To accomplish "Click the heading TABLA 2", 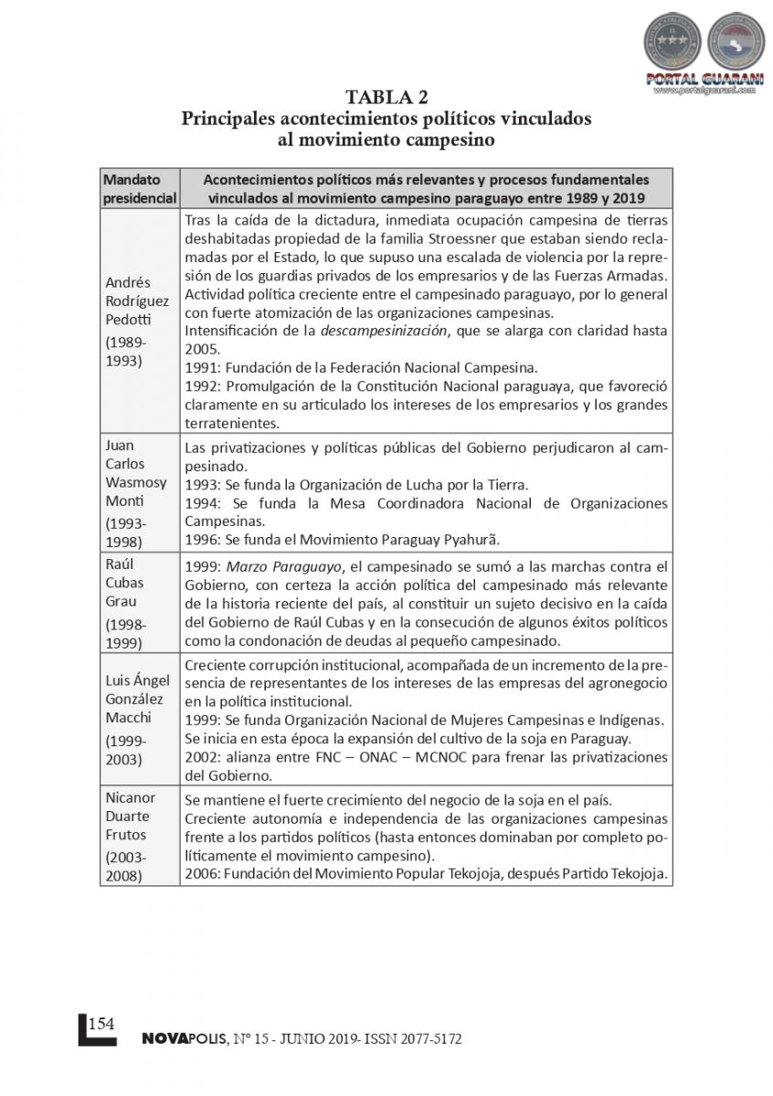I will (386, 98).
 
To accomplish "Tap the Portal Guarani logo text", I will (704, 79).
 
